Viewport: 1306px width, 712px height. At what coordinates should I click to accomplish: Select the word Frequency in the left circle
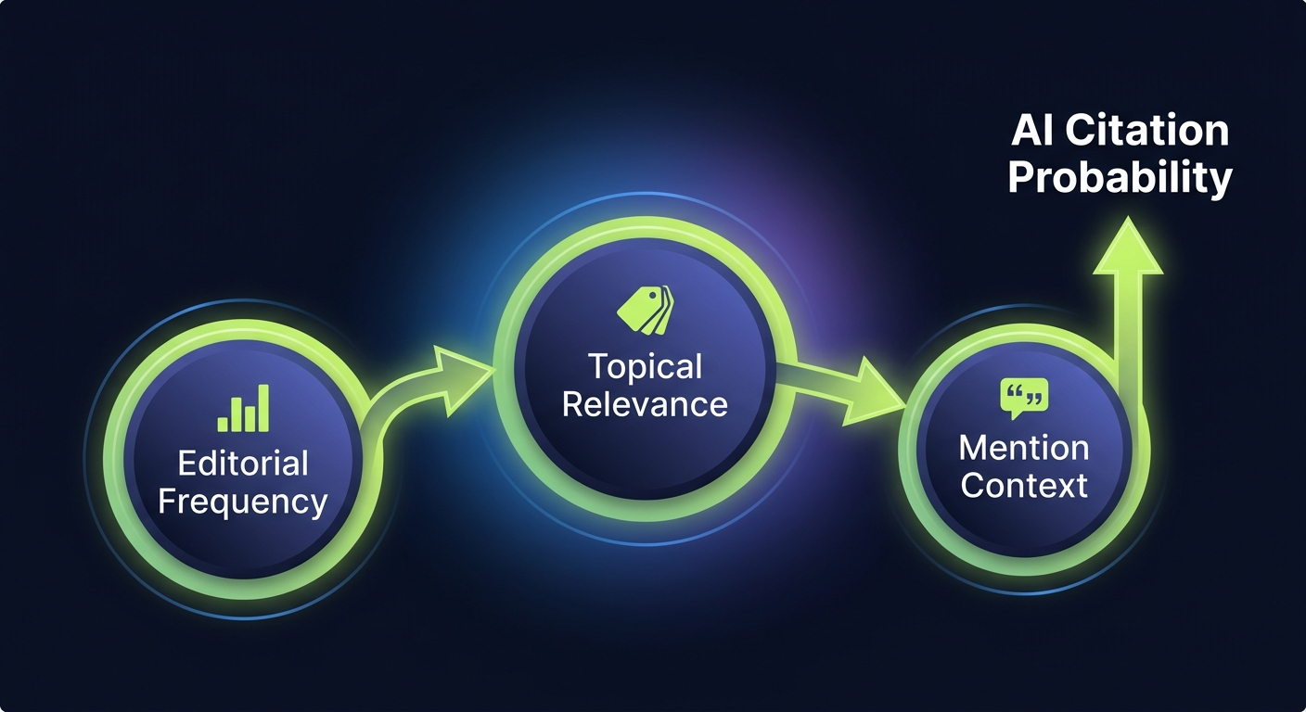tap(243, 502)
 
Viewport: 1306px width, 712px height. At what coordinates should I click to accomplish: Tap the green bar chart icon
tap(243, 409)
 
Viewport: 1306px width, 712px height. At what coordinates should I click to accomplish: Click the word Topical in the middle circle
tap(646, 367)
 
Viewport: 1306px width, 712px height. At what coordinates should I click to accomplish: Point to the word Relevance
tap(646, 404)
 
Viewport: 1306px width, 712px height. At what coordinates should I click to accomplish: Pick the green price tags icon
tap(646, 310)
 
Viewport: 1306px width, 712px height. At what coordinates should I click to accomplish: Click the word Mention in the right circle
tap(1024, 448)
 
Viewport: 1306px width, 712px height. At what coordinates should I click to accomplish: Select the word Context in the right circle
tap(1024, 485)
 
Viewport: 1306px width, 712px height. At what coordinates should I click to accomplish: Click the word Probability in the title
tap(1120, 177)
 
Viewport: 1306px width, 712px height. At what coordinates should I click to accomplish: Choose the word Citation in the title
tap(1146, 131)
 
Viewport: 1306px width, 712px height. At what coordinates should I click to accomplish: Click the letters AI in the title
tap(1032, 131)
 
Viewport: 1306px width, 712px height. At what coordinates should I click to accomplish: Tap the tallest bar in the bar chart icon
tap(263, 409)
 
